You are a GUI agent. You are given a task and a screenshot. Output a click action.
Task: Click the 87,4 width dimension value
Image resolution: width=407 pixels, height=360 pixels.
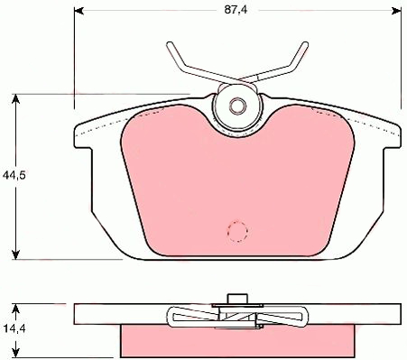[x=236, y=10]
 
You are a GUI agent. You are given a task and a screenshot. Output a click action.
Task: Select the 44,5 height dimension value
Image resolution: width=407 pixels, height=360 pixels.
[x=14, y=175]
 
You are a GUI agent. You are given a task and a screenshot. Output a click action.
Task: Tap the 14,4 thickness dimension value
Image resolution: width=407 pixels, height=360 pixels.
[x=14, y=328]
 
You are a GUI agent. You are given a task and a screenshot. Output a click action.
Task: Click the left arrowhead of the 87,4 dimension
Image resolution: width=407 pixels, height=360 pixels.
[x=79, y=11]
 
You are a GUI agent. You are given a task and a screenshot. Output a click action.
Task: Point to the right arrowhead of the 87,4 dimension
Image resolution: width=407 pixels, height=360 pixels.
[x=397, y=11]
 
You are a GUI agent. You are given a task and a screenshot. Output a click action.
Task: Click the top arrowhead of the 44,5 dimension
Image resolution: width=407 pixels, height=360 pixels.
[x=15, y=98]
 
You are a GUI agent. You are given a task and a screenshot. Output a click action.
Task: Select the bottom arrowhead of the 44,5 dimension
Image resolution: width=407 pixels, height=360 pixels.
[x=15, y=254]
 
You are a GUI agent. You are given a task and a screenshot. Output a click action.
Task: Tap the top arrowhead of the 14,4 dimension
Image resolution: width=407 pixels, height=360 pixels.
[x=15, y=309]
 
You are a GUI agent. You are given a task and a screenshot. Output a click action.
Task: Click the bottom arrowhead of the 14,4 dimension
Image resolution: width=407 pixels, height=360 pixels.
[x=15, y=353]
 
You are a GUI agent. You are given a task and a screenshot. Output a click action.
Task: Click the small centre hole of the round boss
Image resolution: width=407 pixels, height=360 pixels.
[x=237, y=106]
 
